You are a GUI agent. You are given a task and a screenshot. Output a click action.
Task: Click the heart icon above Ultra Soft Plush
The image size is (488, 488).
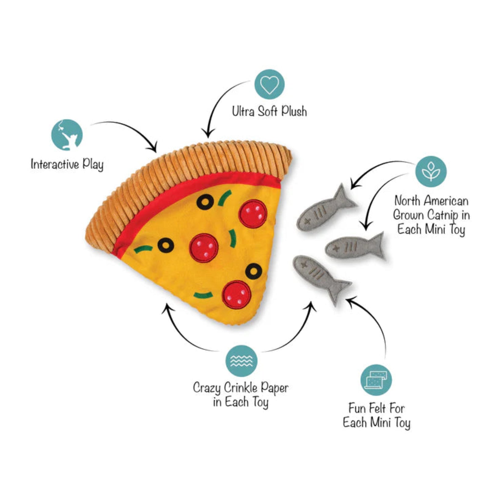[x=269, y=85]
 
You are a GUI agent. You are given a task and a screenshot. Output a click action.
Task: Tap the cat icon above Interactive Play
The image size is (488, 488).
[x=67, y=135]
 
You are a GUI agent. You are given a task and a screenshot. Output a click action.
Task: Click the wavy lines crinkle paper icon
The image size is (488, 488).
[x=241, y=361]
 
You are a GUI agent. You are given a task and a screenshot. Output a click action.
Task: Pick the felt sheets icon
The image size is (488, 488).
[x=376, y=380]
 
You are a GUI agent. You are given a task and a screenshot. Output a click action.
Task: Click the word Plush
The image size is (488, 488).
[x=294, y=112]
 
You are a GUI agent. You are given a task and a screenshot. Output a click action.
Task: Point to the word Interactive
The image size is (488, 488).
[x=55, y=164]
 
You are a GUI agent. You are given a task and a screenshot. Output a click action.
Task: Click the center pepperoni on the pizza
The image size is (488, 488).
[x=204, y=247]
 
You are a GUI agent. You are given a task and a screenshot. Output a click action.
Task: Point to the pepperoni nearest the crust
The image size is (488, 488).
[x=253, y=214]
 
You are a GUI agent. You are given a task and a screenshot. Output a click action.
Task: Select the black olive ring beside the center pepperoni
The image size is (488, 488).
[x=166, y=245]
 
